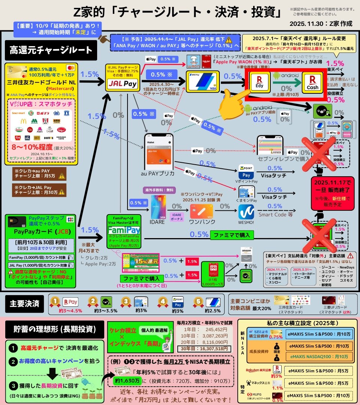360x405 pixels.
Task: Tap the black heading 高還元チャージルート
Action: pos(51,50)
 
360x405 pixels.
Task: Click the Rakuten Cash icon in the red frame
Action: pos(313,82)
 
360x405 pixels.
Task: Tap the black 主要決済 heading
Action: pos(23,303)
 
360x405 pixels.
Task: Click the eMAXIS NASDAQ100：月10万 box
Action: pos(319,357)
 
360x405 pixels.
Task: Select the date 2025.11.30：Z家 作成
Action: pos(321,24)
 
